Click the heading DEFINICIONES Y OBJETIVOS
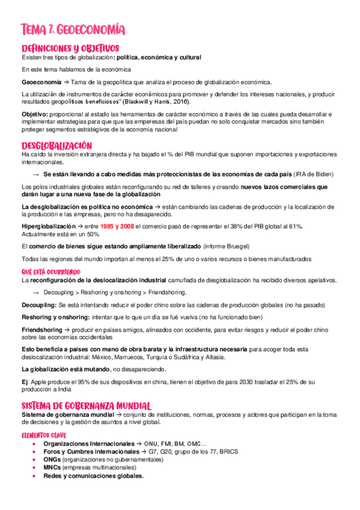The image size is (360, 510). (70, 48)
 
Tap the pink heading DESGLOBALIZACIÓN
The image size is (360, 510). (56, 146)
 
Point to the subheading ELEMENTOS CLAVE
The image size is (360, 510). (43, 435)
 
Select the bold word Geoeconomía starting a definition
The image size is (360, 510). (41, 82)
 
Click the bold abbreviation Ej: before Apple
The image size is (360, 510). (25, 382)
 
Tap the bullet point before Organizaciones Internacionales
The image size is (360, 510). (34, 444)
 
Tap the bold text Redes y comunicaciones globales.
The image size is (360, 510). (93, 475)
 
